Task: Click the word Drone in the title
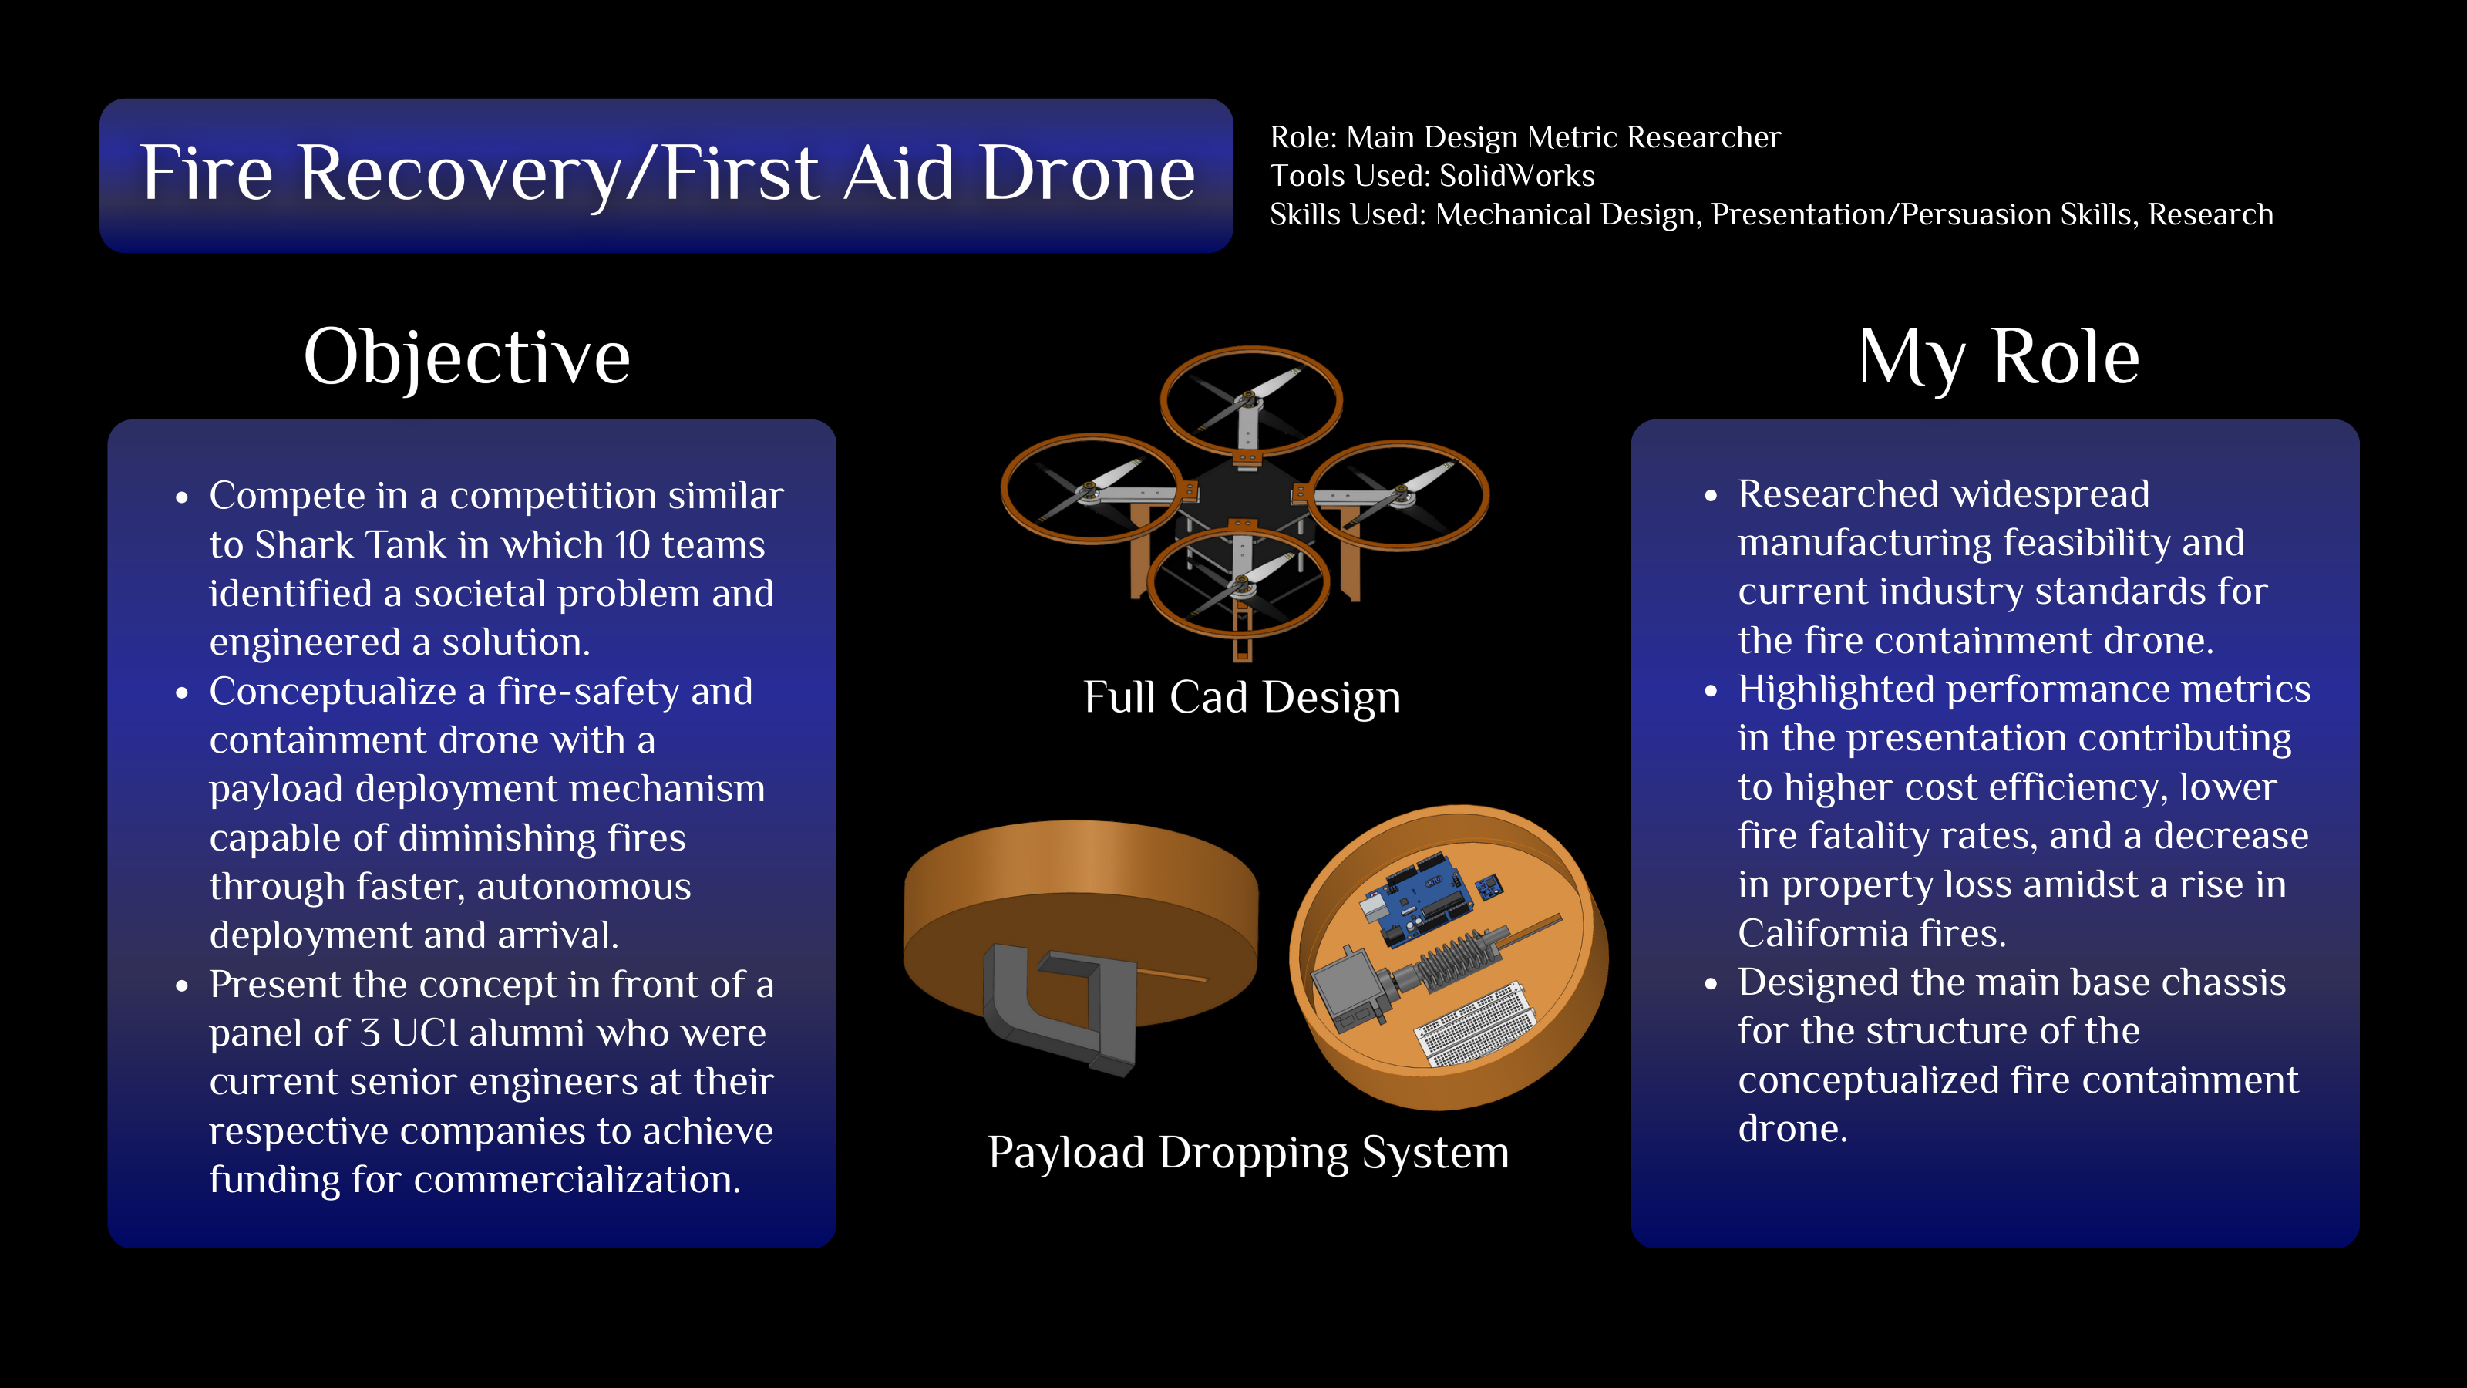tap(1088, 173)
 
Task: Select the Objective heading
tap(467, 357)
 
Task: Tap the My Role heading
tap(1999, 357)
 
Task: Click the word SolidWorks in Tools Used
tap(1517, 177)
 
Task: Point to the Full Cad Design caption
tap(1242, 696)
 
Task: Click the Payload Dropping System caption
tap(1249, 1152)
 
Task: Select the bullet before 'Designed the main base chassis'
tap(1711, 985)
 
